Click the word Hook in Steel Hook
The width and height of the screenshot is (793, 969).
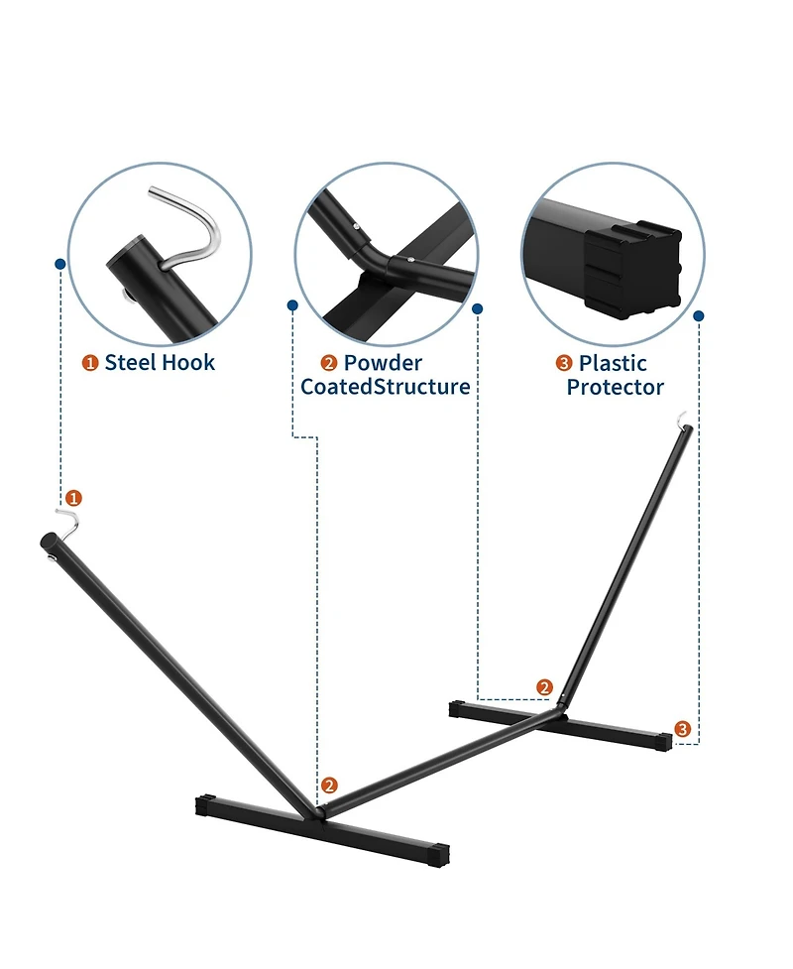pos(186,362)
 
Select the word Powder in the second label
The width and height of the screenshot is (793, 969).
pos(383,363)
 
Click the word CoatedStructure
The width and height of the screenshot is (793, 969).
pos(386,387)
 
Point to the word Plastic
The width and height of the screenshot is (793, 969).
pos(613,363)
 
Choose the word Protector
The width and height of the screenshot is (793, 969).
pos(616,388)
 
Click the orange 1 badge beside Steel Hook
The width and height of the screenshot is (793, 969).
pos(90,363)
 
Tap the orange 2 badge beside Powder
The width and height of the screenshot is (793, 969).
pos(329,363)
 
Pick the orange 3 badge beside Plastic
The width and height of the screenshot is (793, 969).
pos(564,363)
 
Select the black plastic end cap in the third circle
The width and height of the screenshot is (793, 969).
pos(633,270)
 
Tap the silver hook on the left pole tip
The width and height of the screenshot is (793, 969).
pos(72,523)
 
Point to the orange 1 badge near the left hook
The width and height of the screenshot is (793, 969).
pos(73,498)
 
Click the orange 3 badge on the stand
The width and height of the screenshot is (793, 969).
pos(682,729)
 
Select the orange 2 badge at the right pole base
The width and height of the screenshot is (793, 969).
pos(545,687)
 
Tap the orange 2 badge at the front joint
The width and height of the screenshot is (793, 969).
pos(329,786)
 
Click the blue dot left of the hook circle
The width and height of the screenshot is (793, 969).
pos(59,264)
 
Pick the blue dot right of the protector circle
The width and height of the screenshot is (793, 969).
pos(699,315)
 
